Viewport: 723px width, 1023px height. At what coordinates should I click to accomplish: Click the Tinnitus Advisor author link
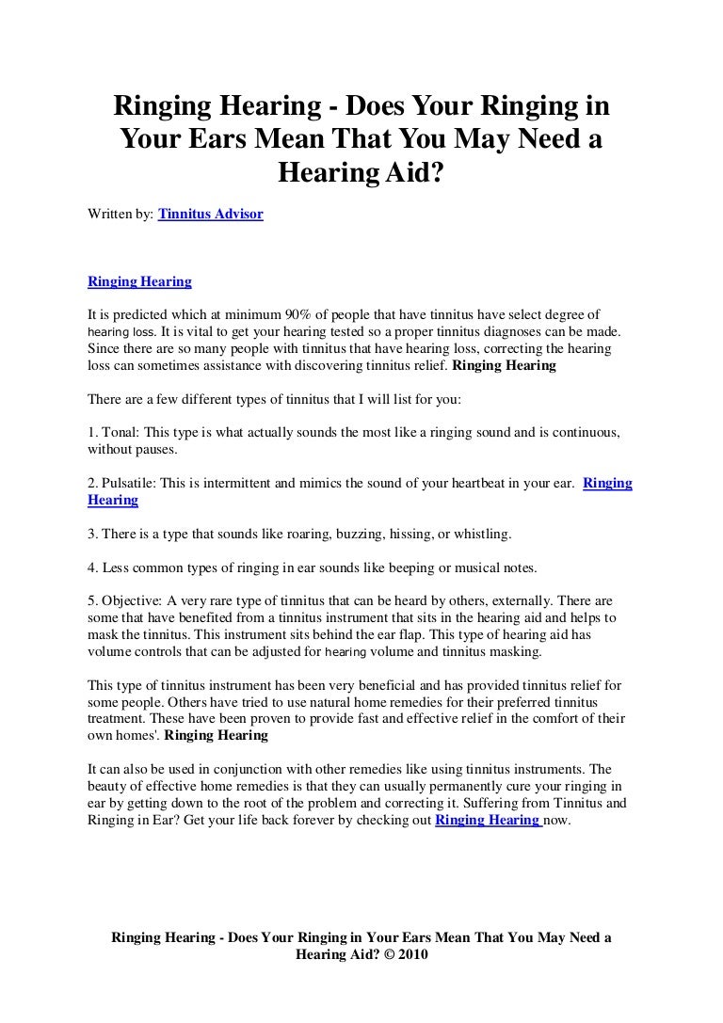pos(211,215)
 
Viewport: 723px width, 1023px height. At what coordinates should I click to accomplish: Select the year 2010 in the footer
pos(412,954)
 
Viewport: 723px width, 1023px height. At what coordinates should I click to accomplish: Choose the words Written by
pos(120,215)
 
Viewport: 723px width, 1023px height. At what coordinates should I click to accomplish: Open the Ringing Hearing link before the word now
pos(487,819)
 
